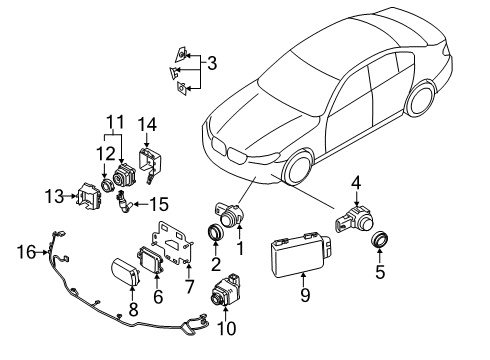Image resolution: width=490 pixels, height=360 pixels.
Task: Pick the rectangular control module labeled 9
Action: pos(300,257)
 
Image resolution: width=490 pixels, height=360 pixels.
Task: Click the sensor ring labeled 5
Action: pos(380,240)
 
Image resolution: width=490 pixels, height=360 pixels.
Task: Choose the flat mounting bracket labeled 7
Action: pos(172,244)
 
